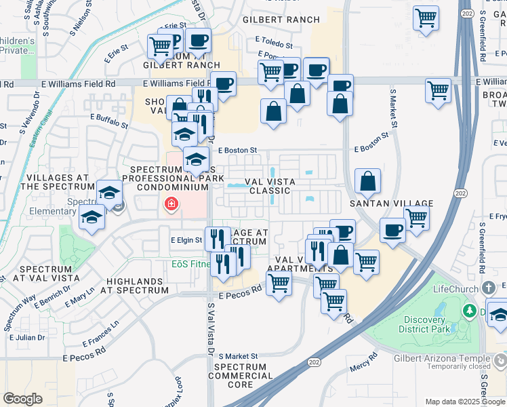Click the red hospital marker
tap(171, 203)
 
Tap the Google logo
tap(23, 400)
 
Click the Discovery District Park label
tap(433, 325)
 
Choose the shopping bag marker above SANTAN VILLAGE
tap(367, 181)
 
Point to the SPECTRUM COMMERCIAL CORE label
tap(243, 375)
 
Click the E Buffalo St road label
tap(110, 121)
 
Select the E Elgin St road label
tap(186, 240)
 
